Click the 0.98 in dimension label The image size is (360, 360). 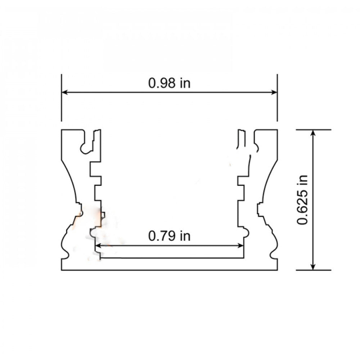169,83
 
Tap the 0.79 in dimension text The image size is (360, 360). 169,236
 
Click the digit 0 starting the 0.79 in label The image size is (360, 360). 152,236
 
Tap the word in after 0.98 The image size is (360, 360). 185,83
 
